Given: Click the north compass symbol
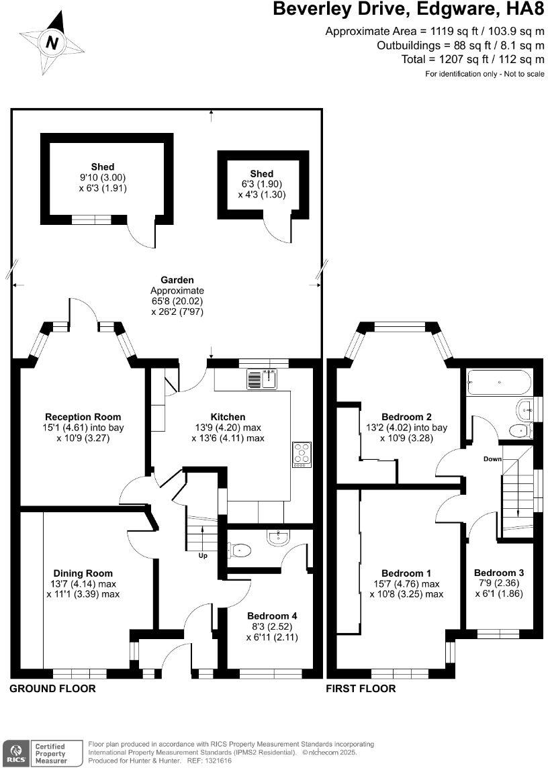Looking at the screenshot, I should (x=52, y=44).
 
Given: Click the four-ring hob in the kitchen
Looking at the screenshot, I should (x=302, y=454).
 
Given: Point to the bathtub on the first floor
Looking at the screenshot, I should (x=498, y=383).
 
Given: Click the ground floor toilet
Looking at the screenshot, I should (x=240, y=550).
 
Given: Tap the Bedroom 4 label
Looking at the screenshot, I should (x=272, y=616).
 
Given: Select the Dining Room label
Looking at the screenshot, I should (x=83, y=573).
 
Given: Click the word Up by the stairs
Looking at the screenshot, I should (x=202, y=556).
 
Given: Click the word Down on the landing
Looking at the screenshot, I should (x=492, y=459).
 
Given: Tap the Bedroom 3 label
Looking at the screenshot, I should (x=498, y=573).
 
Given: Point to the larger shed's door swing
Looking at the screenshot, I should (x=142, y=235).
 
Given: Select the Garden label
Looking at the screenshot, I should (x=177, y=280).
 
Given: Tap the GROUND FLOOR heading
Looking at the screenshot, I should (x=52, y=689).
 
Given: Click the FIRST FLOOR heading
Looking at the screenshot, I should (x=361, y=689).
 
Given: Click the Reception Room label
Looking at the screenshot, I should (x=83, y=417).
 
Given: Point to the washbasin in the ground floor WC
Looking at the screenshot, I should (x=277, y=536).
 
